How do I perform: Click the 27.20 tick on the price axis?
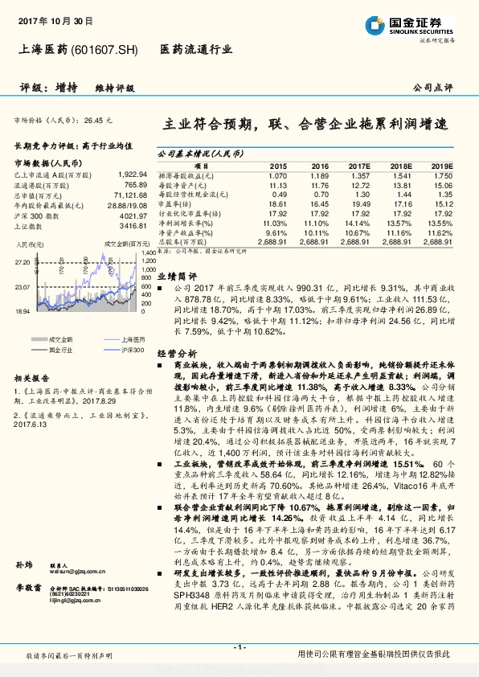point(22,262)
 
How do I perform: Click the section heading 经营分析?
point(176,353)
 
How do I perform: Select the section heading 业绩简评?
point(176,274)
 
